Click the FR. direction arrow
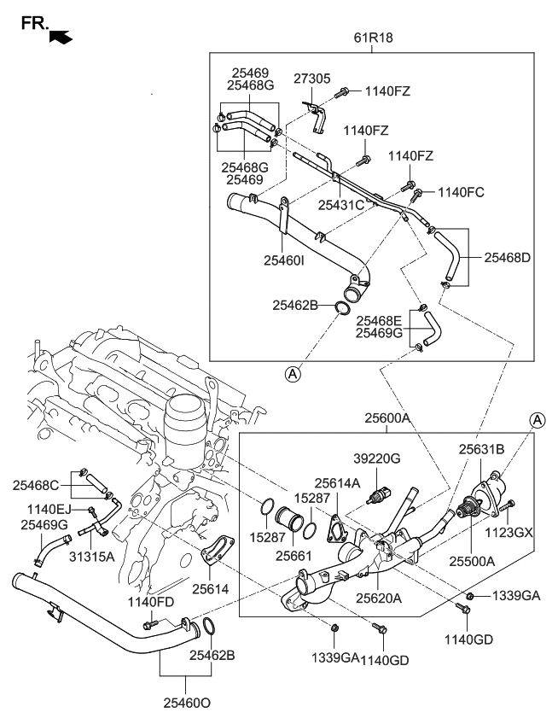tap(61, 36)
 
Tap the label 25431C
tap(341, 205)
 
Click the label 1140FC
tap(461, 192)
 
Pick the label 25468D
tap(508, 256)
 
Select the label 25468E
tap(380, 320)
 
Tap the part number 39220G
tap(376, 458)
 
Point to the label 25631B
tap(482, 448)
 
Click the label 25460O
tap(186, 704)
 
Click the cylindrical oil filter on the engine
tap(185, 423)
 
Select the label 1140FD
tap(151, 602)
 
